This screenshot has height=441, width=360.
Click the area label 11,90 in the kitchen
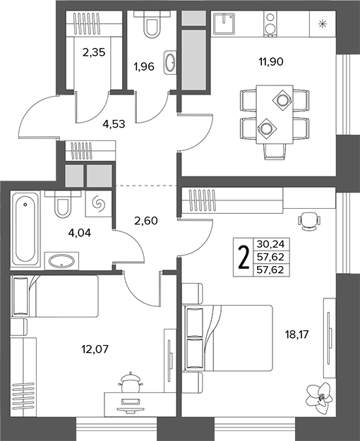pos(271,61)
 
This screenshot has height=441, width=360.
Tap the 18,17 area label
pos(297,334)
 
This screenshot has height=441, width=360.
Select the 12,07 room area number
pos(95,349)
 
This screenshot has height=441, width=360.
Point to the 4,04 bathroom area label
pos(80,233)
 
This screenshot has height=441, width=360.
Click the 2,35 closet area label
pos(94,52)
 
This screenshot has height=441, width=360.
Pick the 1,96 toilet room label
pos(144,66)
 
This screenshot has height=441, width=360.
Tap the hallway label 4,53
pos(114,123)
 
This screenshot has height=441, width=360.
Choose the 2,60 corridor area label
pos(146,220)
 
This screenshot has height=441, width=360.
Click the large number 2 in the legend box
pos(244,257)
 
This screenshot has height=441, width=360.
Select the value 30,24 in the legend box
pos(270,244)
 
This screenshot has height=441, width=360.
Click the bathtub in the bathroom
pos(25,229)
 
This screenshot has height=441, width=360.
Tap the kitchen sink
pos(224,23)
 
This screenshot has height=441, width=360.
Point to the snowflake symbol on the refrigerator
pos(322,24)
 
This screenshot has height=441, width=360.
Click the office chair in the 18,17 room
pos(308,220)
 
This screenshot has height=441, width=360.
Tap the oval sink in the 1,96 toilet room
pos(169,62)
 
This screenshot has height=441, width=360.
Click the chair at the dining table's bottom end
pos(274,151)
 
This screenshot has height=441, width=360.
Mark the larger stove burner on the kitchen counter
pos(270,29)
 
